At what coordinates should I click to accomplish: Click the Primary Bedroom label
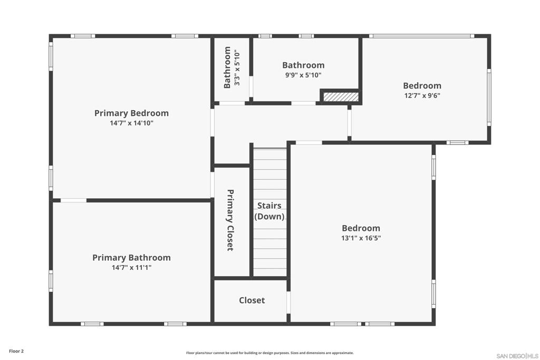[x=131, y=113]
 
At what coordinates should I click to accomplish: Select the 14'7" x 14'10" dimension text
[x=131, y=123]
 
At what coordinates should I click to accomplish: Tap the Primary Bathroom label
[x=131, y=257]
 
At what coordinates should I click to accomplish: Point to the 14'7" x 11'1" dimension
[x=131, y=267]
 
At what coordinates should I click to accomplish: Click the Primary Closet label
[x=230, y=220]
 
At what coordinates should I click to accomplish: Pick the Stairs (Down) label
[x=269, y=211]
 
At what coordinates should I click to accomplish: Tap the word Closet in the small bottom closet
[x=252, y=300]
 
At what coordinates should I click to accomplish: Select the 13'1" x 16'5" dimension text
[x=361, y=238]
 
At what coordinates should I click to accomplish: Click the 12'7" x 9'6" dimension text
[x=422, y=95]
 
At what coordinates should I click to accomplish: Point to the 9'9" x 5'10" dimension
[x=303, y=75]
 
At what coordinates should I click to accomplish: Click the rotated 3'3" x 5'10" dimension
[x=237, y=68]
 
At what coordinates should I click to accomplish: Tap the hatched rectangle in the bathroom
[x=341, y=96]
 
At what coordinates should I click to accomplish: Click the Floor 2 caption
[x=16, y=351]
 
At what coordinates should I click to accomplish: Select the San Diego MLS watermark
[x=517, y=356]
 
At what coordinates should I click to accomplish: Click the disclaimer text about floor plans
[x=270, y=353]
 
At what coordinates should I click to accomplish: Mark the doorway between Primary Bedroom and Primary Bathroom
[x=73, y=200]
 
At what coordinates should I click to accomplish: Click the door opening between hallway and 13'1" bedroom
[x=309, y=142]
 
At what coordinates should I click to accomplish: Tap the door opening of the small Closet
[x=288, y=302]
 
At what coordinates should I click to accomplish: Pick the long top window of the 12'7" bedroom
[x=422, y=36]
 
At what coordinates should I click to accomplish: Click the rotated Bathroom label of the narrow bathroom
[x=227, y=67]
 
